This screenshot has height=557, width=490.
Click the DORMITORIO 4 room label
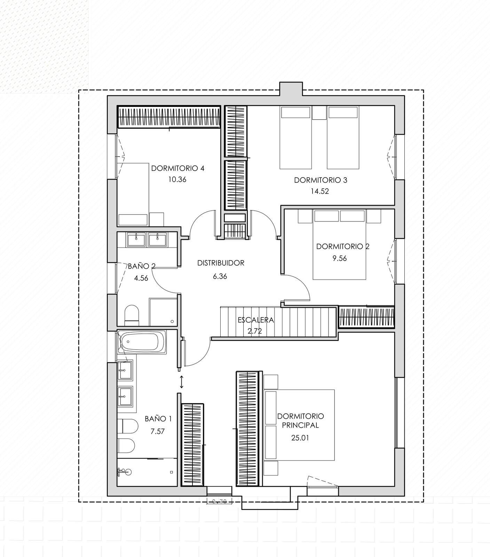[177, 168]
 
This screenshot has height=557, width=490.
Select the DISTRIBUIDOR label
[221, 263]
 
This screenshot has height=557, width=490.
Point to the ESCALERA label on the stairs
[256, 320]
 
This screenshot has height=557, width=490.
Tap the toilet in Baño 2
[132, 314]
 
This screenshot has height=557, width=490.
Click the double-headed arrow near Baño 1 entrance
[181, 382]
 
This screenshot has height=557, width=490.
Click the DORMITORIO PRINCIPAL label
[300, 421]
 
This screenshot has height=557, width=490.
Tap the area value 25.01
[300, 438]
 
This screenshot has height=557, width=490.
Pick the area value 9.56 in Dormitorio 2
[339, 258]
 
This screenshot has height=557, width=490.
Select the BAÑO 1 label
[158, 418]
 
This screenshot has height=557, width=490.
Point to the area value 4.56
[141, 278]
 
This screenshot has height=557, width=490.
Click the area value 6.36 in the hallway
[220, 276]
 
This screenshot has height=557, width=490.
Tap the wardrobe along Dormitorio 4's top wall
[169, 117]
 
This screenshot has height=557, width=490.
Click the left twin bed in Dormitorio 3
[295, 138]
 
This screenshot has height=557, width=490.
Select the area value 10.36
[177, 180]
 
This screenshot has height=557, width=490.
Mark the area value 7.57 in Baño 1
[157, 432]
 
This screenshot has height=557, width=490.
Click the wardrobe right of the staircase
[366, 317]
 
